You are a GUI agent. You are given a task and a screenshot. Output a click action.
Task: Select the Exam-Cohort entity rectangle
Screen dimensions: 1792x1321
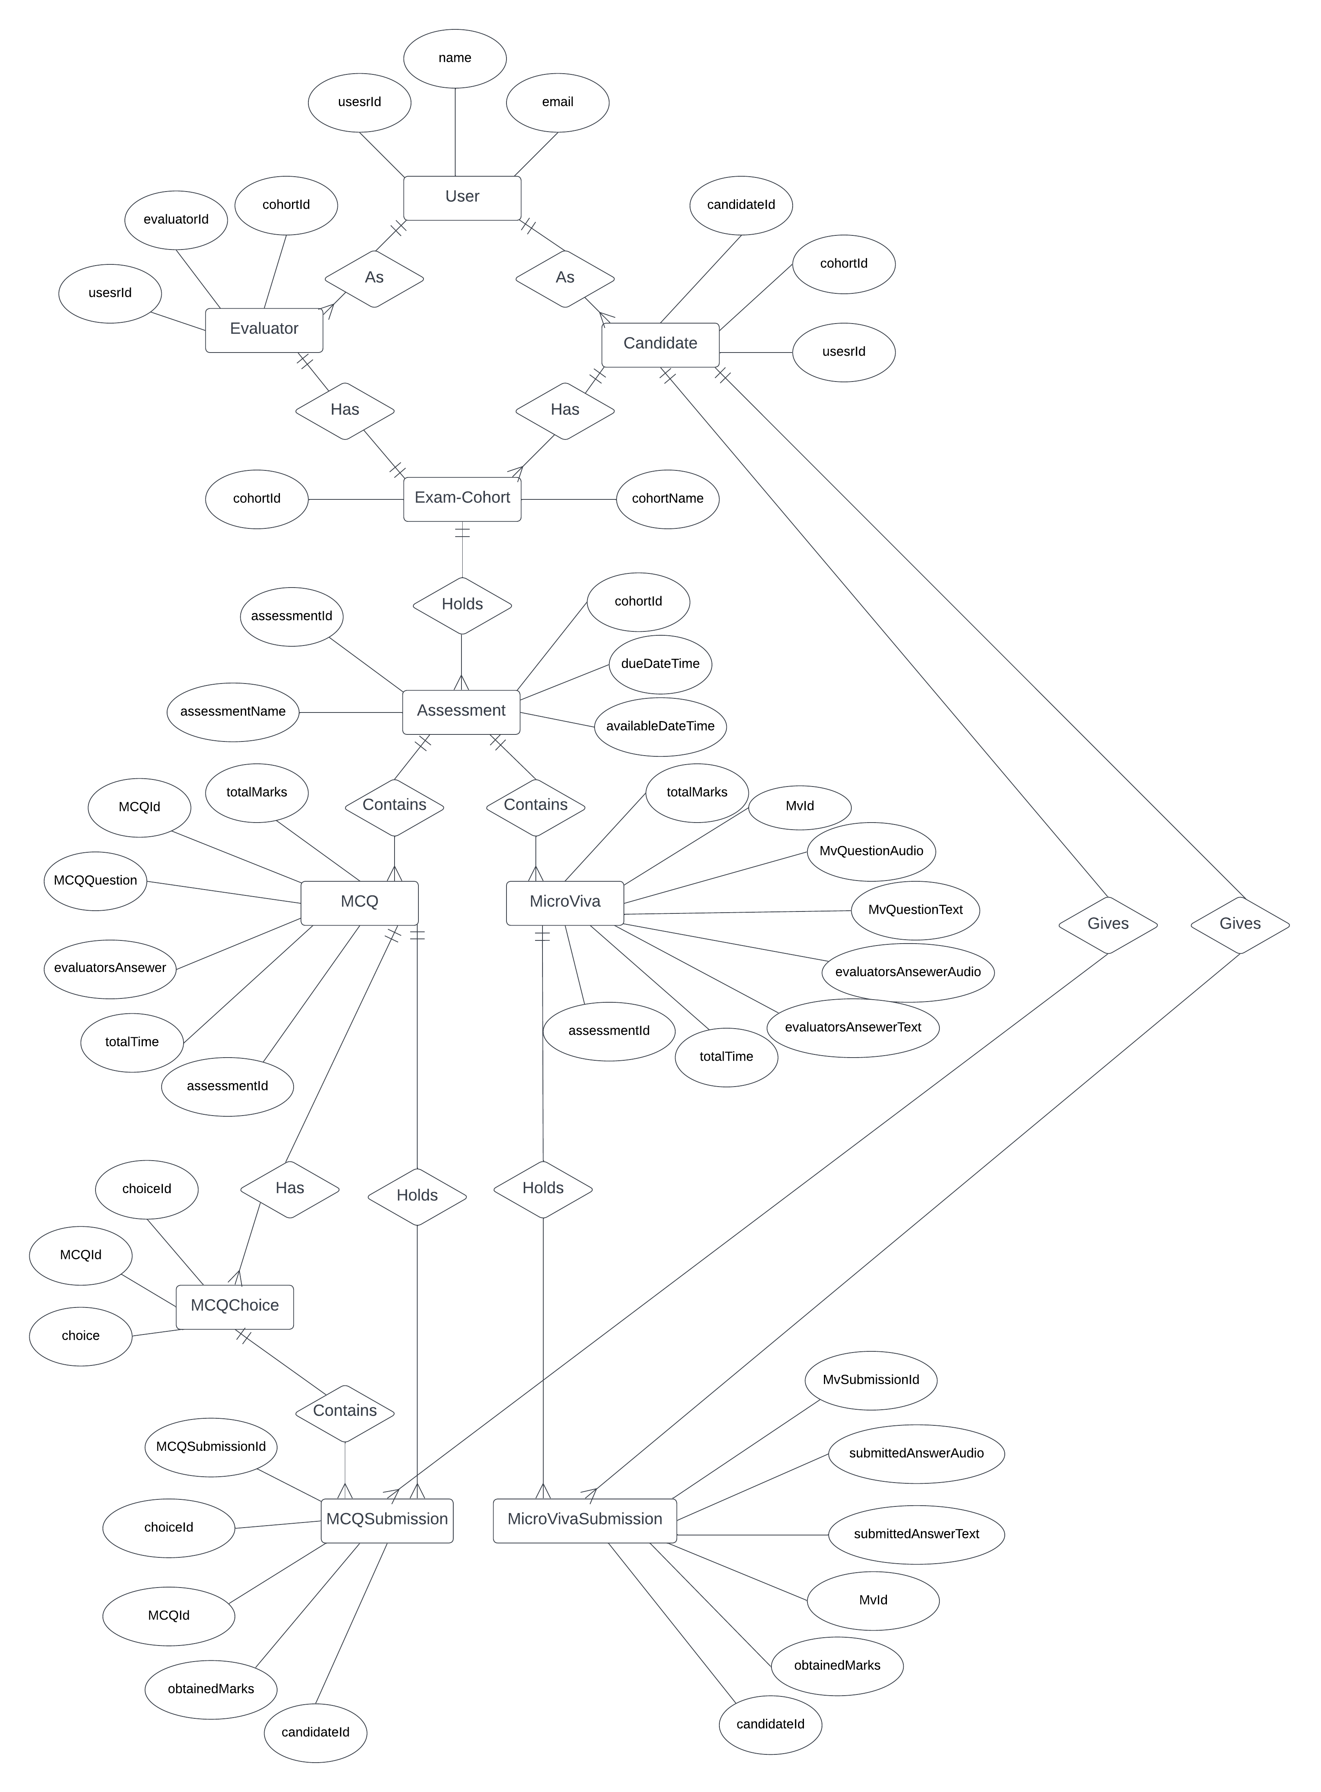pyautogui.click(x=462, y=498)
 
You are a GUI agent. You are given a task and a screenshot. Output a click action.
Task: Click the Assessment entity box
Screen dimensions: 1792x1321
pyautogui.click(x=461, y=711)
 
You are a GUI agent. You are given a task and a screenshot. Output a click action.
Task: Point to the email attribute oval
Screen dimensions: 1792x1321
pyautogui.click(x=557, y=102)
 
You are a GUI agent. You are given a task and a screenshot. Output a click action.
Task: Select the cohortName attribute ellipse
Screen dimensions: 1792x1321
pyautogui.click(x=668, y=498)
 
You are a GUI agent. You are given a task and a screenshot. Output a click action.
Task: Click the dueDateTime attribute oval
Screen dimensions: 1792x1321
pyautogui.click(x=661, y=664)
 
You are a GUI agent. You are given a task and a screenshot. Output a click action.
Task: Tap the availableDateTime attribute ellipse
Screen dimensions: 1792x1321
pyautogui.click(x=661, y=727)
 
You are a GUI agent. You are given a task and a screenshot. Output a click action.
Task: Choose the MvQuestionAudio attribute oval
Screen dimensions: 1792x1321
pyautogui.click(x=872, y=851)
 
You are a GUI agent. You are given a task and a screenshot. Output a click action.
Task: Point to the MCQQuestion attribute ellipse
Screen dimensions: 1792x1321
pyautogui.click(x=95, y=881)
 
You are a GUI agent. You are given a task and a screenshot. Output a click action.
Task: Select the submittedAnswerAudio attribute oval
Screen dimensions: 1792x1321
pyautogui.click(x=916, y=1454)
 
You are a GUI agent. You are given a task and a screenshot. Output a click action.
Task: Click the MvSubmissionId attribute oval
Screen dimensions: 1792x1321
pyautogui.click(x=871, y=1380)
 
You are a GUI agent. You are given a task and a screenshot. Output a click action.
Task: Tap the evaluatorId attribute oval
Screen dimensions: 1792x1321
pyautogui.click(x=176, y=220)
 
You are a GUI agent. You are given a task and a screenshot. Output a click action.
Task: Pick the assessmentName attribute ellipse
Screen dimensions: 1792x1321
pyautogui.click(x=233, y=712)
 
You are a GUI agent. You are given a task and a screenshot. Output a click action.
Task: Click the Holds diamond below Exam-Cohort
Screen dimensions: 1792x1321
pyautogui.click(x=462, y=605)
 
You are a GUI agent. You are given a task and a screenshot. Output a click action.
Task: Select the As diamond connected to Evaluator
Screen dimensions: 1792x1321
pyautogui.click(x=374, y=278)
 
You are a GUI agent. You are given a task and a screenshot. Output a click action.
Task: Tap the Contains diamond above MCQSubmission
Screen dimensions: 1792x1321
pyautogui.click(x=345, y=1411)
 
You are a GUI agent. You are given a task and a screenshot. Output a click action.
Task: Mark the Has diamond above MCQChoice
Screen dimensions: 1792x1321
pyautogui.click(x=290, y=1189)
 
